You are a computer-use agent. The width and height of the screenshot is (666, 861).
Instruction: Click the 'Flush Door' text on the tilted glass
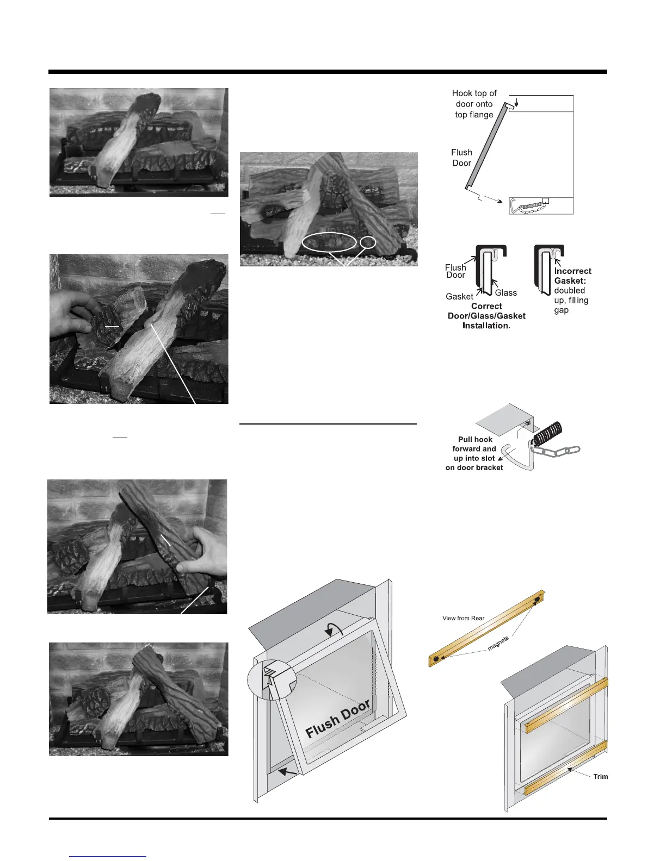(338, 719)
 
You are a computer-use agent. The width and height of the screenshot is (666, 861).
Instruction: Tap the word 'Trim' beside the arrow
(600, 776)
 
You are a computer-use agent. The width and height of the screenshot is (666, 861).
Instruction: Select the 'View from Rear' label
(463, 618)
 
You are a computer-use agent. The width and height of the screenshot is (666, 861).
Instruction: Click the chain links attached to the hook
(558, 451)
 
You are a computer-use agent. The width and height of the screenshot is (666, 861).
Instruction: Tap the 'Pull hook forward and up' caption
(474, 453)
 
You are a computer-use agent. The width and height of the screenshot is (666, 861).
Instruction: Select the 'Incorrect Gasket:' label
(572, 276)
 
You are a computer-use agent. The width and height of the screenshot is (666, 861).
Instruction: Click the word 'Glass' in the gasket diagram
(505, 293)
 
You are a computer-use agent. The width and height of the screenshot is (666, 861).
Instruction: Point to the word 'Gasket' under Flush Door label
(459, 296)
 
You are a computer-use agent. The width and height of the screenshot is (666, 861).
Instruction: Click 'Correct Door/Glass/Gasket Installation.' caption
(486, 316)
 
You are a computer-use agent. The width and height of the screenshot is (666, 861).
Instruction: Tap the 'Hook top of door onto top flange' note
(474, 104)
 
